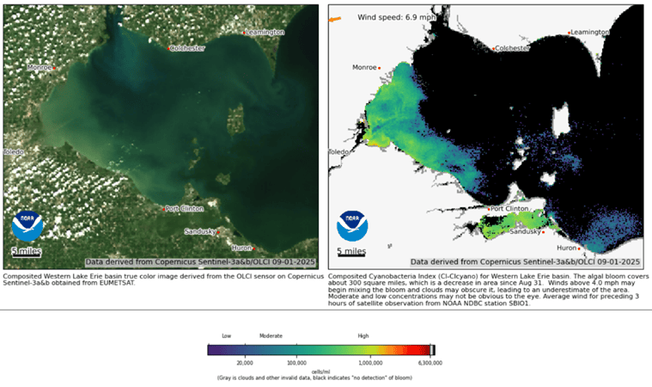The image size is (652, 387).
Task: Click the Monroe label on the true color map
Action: point(39,67)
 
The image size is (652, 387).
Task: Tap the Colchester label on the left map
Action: point(188,48)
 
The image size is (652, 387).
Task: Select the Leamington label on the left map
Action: point(264,32)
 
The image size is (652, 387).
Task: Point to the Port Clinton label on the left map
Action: point(183,208)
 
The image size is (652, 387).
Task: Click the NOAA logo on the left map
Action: point(27,225)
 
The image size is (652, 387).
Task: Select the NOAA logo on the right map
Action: point(352,225)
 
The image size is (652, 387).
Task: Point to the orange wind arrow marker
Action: point(335,18)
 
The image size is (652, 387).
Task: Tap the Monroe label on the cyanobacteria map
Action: point(365,67)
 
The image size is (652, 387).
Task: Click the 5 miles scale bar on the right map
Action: point(350,253)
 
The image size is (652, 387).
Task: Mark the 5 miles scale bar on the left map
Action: point(26,252)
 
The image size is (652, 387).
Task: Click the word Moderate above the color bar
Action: point(271,336)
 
